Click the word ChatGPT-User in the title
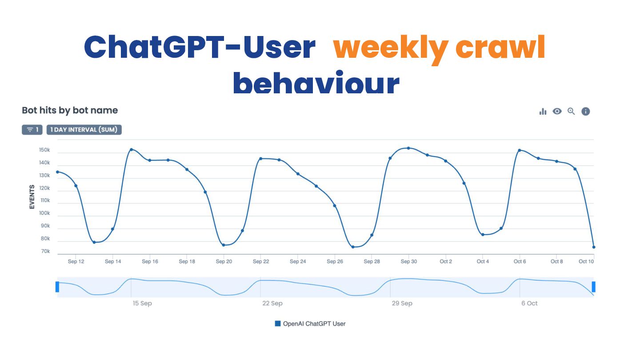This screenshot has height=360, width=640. pos(200,47)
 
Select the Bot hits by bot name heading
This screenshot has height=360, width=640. pos(70,110)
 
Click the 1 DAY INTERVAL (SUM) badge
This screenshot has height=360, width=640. pos(84,130)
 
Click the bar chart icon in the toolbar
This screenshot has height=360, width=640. pos(543,112)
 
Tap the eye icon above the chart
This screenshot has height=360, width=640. pos(557,112)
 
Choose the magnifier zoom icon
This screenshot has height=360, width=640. pos(571,112)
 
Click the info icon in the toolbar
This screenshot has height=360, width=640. pos(586,112)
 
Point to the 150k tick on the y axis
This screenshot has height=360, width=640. pos(44,151)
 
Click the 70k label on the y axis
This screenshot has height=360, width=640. pos(45,252)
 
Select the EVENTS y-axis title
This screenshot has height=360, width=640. pos(32,197)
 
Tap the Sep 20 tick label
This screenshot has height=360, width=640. pos(224,261)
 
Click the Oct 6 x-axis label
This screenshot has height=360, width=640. pos(520,261)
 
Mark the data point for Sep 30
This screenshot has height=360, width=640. pos(408,148)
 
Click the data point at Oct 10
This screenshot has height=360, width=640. pos(594,247)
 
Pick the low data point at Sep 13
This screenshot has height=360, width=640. pos(94,242)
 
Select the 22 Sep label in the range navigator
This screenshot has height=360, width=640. pos(272,303)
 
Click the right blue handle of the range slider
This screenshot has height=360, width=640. pos(594,287)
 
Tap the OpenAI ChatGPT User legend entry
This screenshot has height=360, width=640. pos(310,324)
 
